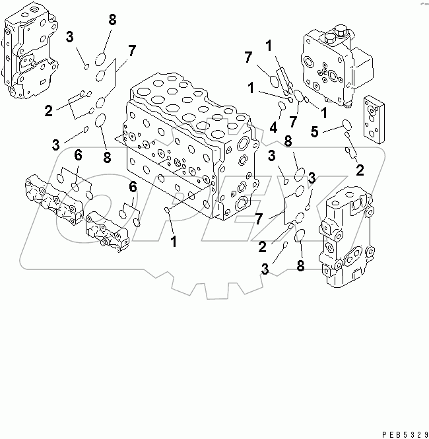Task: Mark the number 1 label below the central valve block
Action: coord(174,242)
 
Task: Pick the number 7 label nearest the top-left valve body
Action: coord(132,50)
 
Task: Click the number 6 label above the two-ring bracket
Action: coord(133,187)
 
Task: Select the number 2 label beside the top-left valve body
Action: coord(48,110)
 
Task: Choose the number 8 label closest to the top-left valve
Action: coord(112,20)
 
